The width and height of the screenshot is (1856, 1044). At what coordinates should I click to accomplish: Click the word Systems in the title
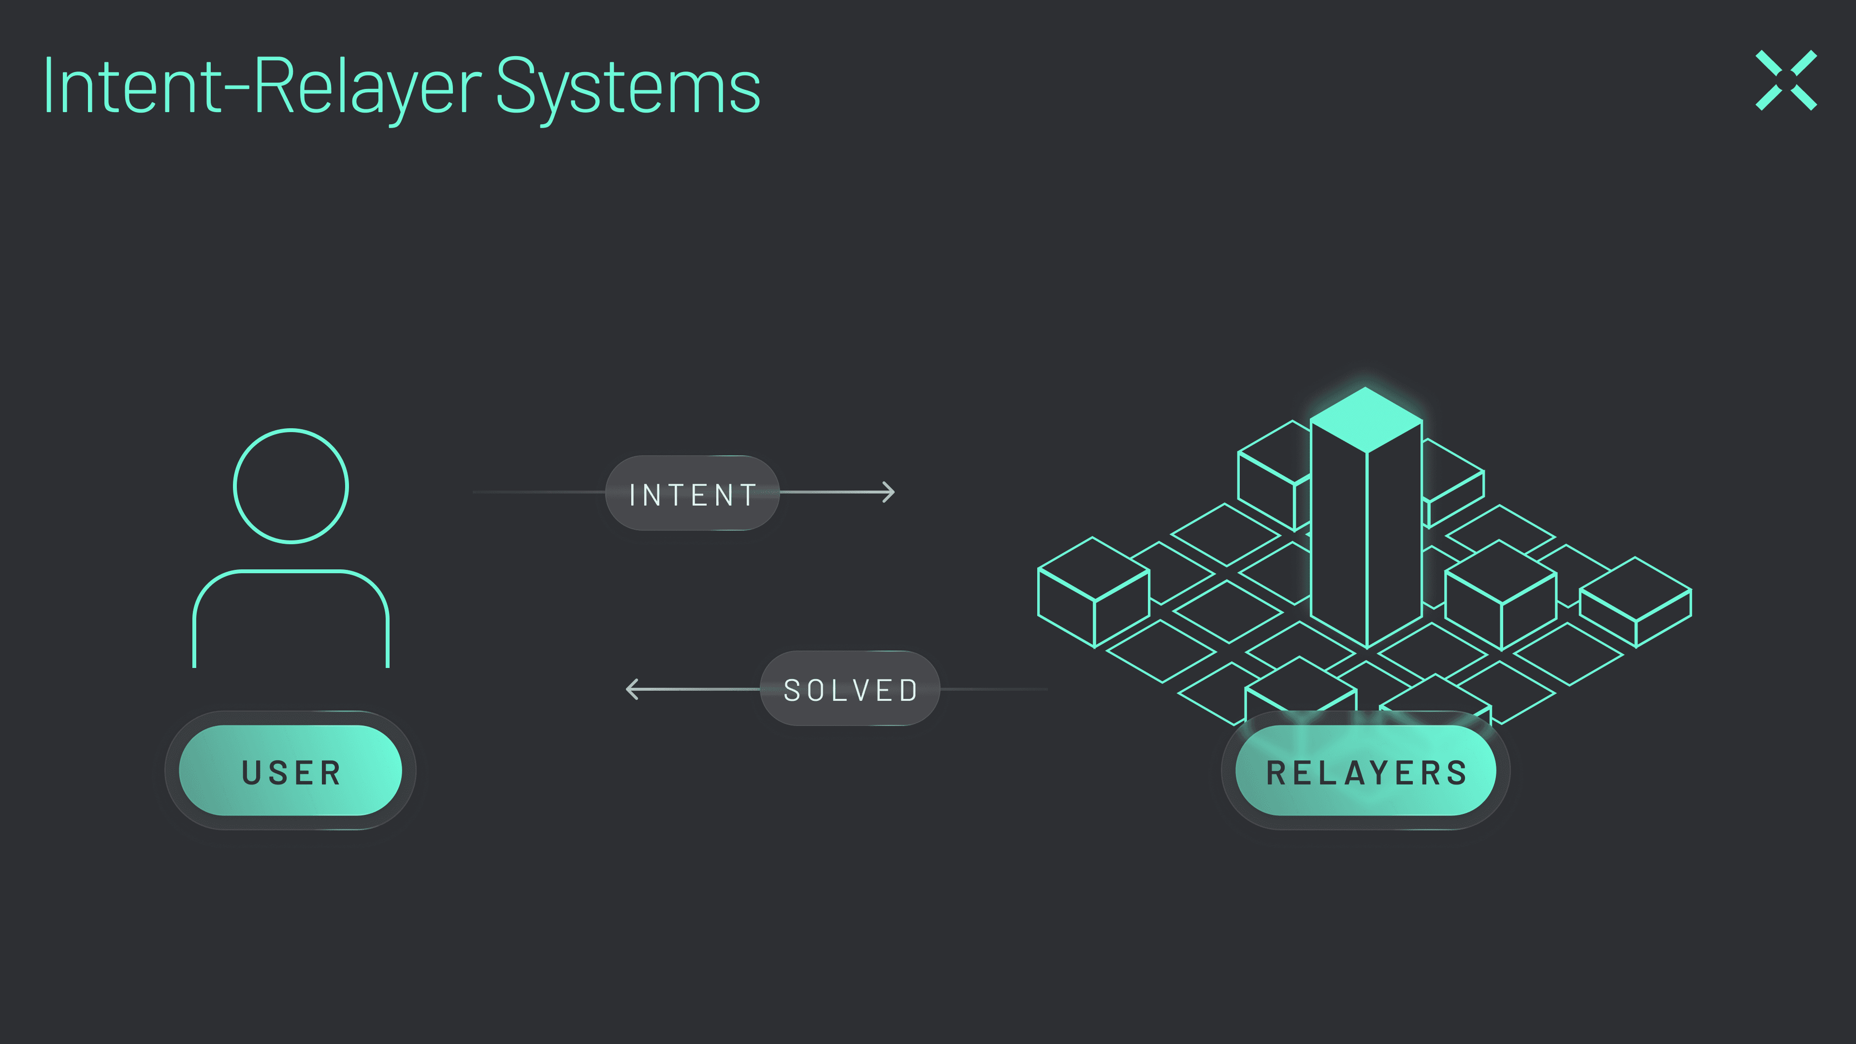click(627, 87)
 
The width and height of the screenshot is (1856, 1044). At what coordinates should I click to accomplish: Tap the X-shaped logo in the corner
click(1786, 80)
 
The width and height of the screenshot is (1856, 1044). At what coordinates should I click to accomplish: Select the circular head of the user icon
click(290, 486)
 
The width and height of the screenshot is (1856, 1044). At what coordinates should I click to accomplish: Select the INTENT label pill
click(692, 493)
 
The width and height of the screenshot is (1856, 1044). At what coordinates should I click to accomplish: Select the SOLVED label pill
click(850, 689)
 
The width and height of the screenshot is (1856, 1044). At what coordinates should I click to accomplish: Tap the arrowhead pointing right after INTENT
click(890, 492)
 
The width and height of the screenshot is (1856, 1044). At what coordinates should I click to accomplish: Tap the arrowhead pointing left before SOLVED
click(632, 689)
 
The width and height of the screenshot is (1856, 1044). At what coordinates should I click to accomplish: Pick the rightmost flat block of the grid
click(1636, 602)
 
